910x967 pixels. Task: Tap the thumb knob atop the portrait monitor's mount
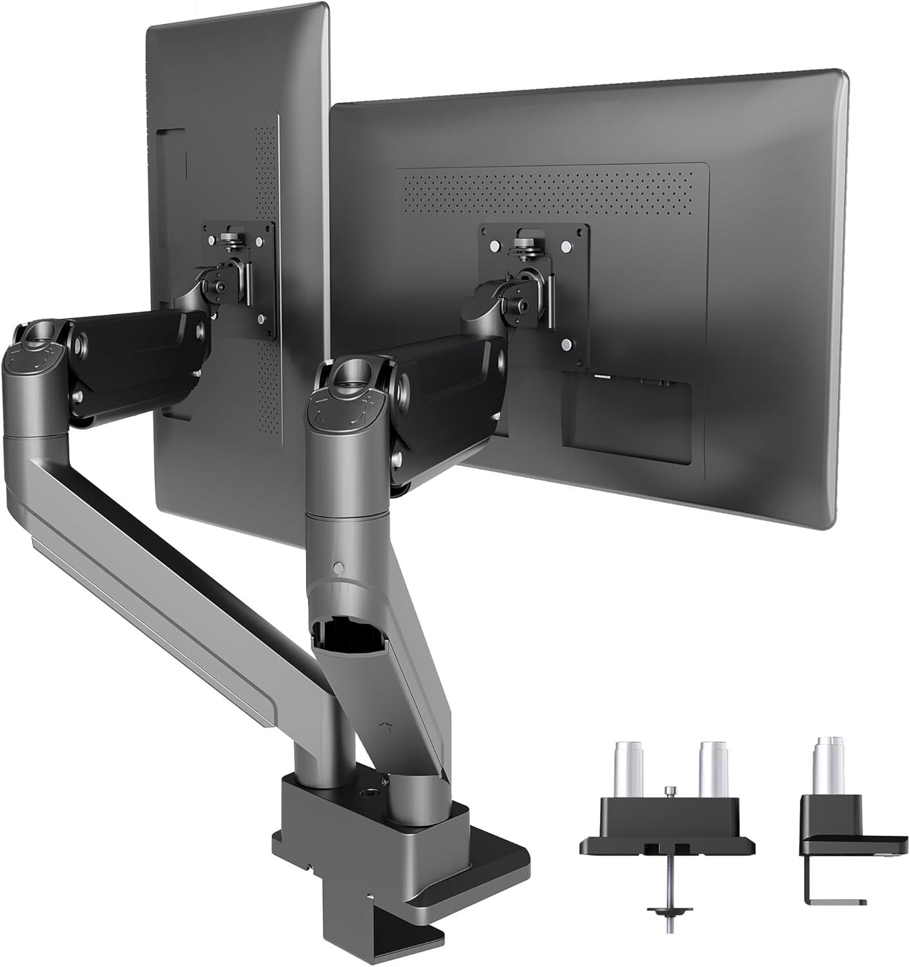229,239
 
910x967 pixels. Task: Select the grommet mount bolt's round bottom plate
664,910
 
